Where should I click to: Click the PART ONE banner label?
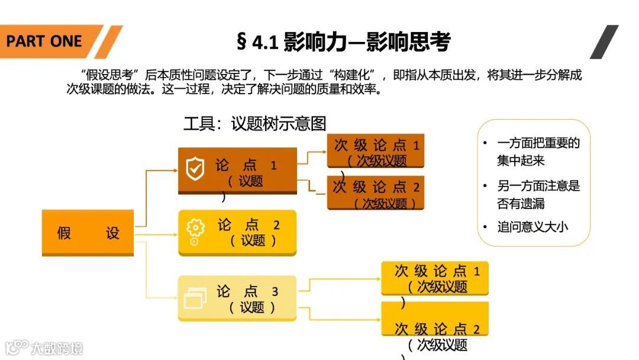(44, 41)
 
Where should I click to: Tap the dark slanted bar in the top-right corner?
(604, 41)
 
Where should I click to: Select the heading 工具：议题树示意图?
(255, 123)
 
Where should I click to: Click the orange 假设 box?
(88, 233)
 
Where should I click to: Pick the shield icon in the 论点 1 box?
(195, 169)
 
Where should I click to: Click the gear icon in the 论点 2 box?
(195, 230)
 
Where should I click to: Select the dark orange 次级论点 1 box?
(376, 152)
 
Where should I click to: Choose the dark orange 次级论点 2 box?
(376, 194)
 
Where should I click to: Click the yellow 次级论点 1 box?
(435, 278)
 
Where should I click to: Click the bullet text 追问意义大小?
(532, 227)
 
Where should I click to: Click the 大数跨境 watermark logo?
(44, 348)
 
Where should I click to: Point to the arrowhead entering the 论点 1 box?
(175, 170)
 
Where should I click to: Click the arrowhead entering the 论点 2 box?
(175, 233)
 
